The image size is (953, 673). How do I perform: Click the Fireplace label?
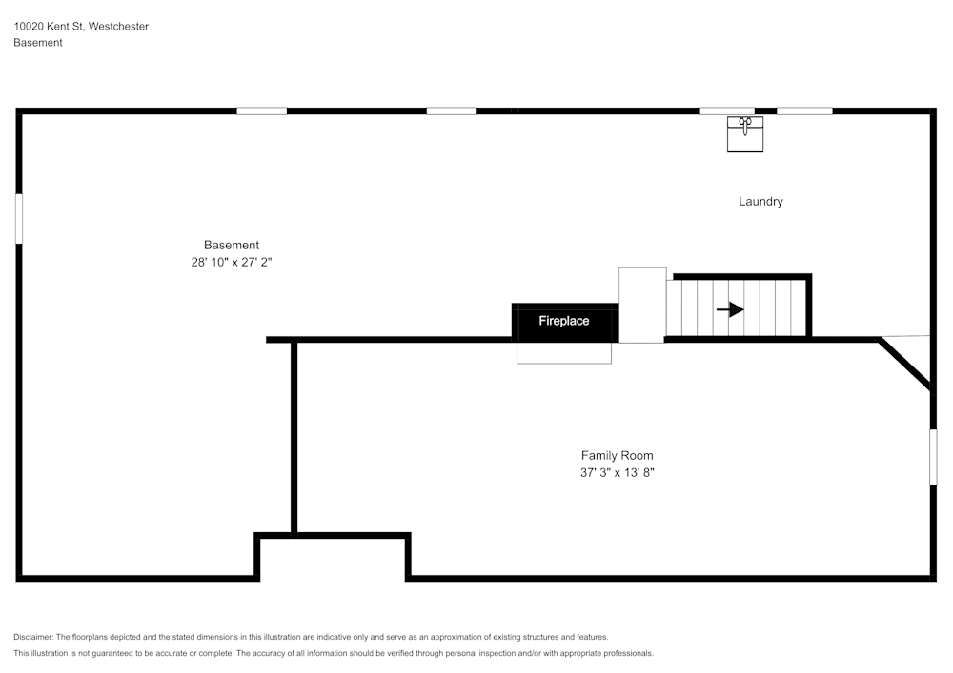(563, 321)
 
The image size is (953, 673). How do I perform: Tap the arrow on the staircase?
(730, 309)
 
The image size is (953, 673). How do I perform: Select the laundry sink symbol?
(745, 134)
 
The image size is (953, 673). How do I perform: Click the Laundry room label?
(760, 202)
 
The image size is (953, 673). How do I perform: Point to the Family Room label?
(617, 455)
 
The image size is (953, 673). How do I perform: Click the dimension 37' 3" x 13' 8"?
(617, 472)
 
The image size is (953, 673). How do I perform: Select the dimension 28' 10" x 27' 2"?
(232, 262)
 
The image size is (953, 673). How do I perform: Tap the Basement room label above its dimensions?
(232, 245)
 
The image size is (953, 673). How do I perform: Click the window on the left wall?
(19, 219)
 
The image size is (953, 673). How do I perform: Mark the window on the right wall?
(933, 457)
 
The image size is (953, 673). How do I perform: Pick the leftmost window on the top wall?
(261, 111)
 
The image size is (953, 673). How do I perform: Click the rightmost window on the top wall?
(804, 111)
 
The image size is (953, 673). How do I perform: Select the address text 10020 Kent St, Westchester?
(81, 26)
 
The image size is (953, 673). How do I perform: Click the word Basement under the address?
(38, 43)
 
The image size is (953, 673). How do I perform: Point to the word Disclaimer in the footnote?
(32, 637)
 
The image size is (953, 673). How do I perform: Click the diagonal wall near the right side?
(904, 365)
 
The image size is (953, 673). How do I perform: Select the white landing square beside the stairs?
(642, 306)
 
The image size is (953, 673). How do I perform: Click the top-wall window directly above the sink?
(726, 111)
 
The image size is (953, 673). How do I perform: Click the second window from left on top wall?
(452, 111)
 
